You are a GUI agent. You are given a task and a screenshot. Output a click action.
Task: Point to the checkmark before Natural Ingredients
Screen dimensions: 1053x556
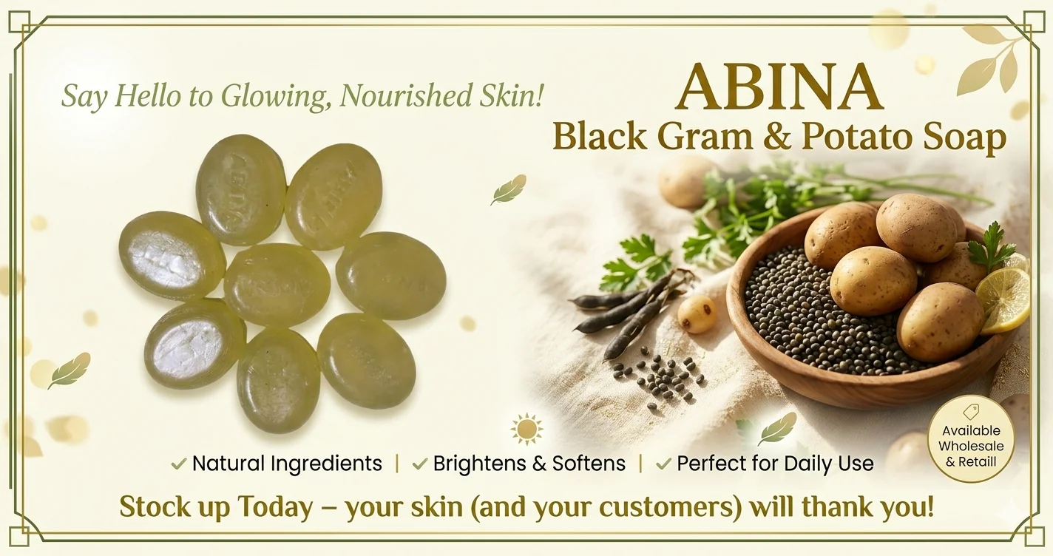click(179, 464)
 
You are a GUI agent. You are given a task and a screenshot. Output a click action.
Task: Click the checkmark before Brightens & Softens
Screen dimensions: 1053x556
click(420, 464)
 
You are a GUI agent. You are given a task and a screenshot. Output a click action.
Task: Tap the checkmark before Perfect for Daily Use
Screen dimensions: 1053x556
click(663, 464)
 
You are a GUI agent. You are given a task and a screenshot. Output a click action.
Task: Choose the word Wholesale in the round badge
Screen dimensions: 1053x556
click(971, 446)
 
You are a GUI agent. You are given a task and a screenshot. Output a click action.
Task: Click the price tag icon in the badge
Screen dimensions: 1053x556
click(971, 412)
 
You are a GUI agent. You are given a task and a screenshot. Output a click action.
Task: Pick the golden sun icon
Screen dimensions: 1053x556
click(526, 429)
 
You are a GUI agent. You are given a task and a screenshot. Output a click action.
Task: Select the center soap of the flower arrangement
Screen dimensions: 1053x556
click(277, 285)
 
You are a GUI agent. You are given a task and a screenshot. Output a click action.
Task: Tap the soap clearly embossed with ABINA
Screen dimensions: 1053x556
click(240, 190)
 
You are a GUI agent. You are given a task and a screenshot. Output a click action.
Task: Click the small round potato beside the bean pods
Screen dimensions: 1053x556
click(697, 315)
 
